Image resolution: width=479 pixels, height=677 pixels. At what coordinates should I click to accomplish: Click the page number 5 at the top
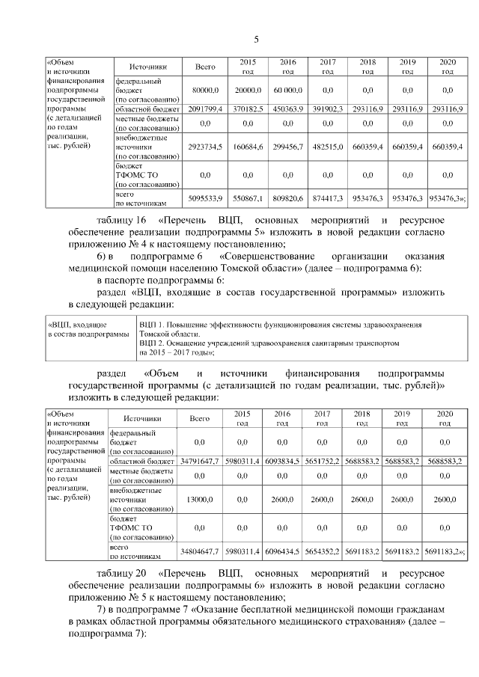click(256, 39)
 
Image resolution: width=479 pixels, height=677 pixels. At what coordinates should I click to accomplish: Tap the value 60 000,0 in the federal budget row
click(287, 89)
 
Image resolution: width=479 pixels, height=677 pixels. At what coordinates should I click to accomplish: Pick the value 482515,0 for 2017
click(327, 147)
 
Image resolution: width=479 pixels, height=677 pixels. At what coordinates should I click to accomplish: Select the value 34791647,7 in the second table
click(199, 462)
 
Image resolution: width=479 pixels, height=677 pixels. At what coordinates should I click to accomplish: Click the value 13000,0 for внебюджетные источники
click(199, 498)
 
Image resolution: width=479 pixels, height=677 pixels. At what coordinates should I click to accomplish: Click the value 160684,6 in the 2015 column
click(245, 147)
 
